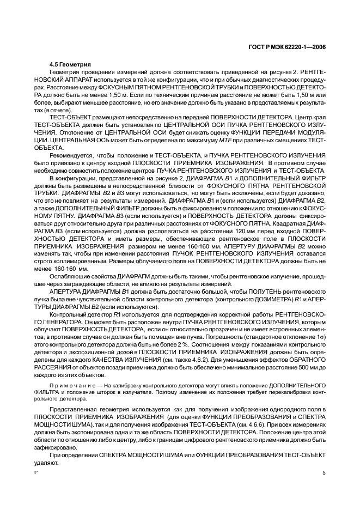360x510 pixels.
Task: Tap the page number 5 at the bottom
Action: (324, 473)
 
